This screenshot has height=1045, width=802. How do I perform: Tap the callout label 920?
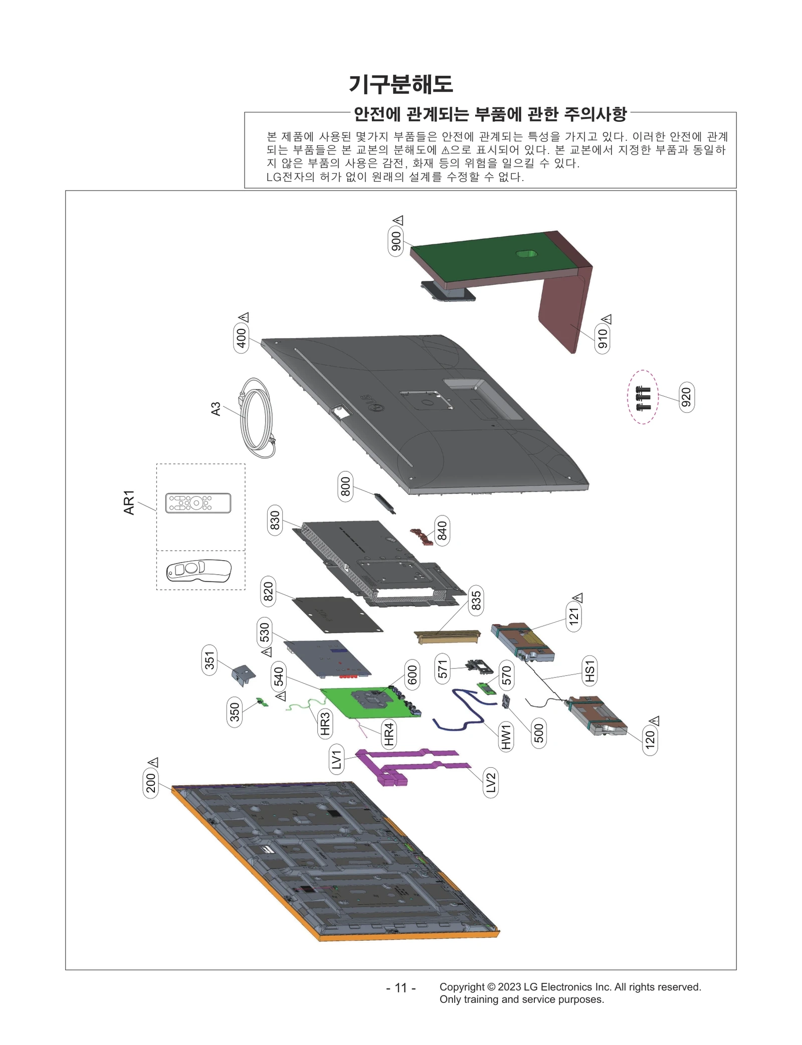[x=686, y=397]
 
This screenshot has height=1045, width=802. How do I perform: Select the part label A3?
[x=216, y=409]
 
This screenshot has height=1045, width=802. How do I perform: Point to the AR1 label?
[x=129, y=502]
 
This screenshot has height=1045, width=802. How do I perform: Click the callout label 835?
[x=476, y=601]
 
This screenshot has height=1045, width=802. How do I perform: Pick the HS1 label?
[x=590, y=671]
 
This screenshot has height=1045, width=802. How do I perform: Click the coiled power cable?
[x=257, y=418]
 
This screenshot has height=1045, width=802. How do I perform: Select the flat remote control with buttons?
[x=198, y=502]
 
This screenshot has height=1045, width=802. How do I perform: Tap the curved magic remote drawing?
[x=199, y=570]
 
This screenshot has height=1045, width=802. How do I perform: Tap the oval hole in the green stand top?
[x=525, y=254]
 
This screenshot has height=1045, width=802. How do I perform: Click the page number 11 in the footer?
[x=400, y=987]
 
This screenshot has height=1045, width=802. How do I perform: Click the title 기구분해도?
[x=400, y=84]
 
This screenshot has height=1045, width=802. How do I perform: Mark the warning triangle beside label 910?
[x=607, y=319]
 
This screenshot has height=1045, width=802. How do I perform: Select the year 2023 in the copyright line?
[x=509, y=987]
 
